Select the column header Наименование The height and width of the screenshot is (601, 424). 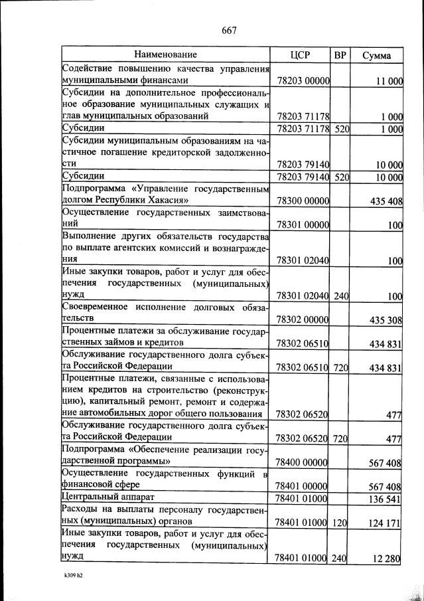point(166,54)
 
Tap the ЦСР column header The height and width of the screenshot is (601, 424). point(301,55)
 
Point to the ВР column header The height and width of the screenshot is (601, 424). point(340,55)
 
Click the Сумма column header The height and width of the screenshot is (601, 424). point(376,55)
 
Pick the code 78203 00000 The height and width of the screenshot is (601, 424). point(303,80)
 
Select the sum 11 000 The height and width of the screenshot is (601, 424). point(389,80)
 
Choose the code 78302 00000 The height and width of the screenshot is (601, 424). point(303,320)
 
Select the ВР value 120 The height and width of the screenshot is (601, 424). point(341,523)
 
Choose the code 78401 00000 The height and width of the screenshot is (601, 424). point(303,485)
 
